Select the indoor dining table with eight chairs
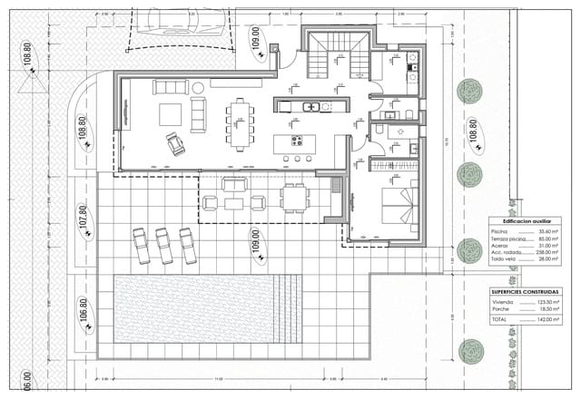point(240,123)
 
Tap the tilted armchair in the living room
point(172,143)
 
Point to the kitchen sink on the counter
point(310,107)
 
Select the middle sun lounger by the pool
point(164,246)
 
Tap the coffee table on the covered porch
point(234,192)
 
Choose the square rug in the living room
point(171,114)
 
